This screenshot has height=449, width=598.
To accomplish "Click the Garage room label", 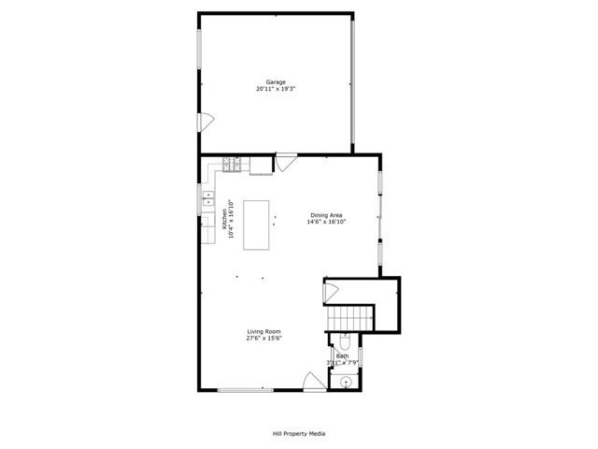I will (x=276, y=81).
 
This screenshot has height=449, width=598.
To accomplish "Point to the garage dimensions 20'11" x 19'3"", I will (x=276, y=89).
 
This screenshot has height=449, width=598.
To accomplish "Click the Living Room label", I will (x=264, y=331).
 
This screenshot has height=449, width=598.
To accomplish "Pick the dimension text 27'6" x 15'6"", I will (x=264, y=339).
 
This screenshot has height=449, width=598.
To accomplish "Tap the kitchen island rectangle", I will (x=258, y=224).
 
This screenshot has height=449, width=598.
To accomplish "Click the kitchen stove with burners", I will (x=232, y=166).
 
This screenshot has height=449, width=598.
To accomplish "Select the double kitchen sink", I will (x=207, y=197).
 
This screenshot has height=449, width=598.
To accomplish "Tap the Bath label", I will (x=342, y=355).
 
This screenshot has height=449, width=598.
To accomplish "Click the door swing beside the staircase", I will (x=331, y=291).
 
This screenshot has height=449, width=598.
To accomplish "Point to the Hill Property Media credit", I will (x=299, y=433).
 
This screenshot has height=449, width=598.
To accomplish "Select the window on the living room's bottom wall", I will (x=246, y=390).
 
